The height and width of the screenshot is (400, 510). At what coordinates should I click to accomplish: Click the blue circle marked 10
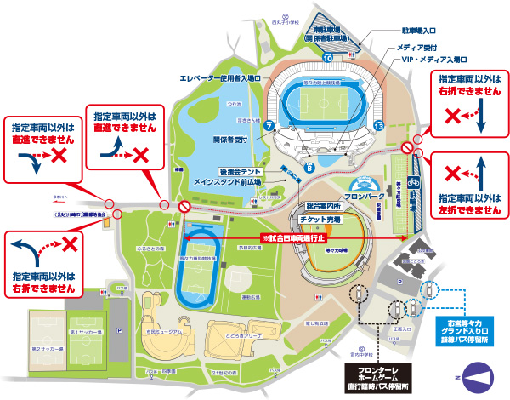pyautogui.click(x=327, y=57)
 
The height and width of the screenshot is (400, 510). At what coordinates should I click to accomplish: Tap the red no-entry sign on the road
pyautogui.click(x=183, y=206)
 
